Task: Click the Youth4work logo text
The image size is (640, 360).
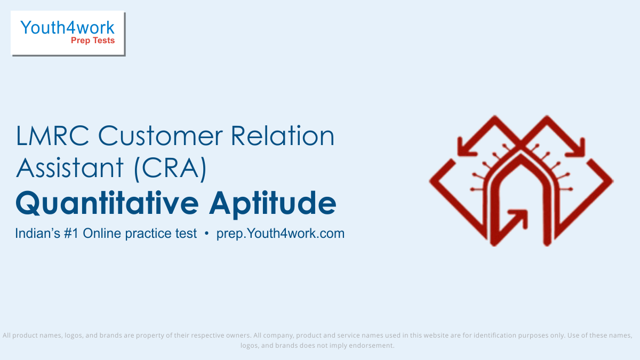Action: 67,28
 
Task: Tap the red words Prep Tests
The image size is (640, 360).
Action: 93,41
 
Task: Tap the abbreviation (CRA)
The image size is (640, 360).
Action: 170,169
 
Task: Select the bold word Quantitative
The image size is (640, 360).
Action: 107,203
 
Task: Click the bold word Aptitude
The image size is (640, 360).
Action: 273,204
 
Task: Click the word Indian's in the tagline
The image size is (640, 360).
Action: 37,234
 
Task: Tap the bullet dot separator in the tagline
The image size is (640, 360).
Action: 206,234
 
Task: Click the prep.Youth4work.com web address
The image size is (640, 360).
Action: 281,234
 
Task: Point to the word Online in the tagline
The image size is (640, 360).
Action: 102,234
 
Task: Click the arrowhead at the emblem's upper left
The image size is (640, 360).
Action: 466,147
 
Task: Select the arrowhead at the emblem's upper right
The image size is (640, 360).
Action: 575,147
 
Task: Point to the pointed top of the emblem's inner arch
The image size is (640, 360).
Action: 521,156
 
